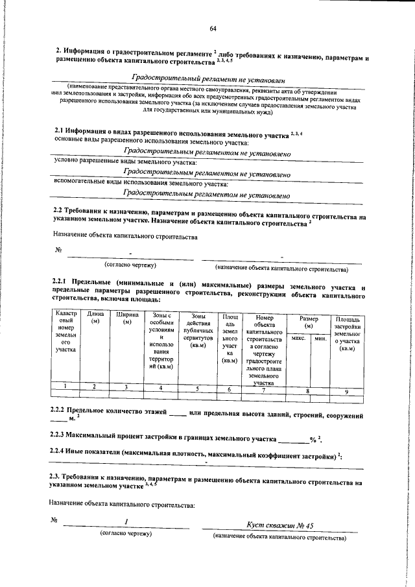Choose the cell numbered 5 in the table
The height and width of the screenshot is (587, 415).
[198, 389]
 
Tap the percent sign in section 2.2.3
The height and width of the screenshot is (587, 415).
[313, 439]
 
